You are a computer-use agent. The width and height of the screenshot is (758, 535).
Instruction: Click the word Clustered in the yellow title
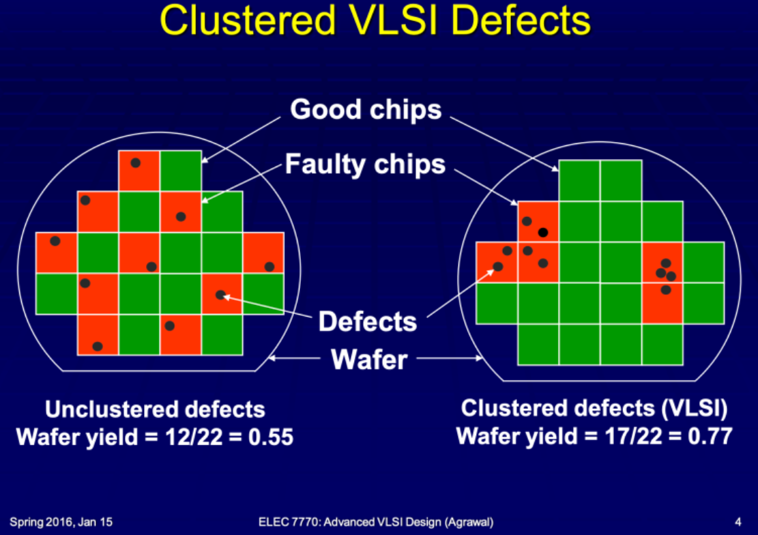[248, 20]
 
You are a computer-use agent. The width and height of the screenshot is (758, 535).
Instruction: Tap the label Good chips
[366, 109]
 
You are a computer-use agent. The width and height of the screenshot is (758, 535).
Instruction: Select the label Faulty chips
[365, 164]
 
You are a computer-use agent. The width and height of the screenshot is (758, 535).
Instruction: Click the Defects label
[367, 321]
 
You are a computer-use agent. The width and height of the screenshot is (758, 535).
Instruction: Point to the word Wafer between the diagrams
[369, 360]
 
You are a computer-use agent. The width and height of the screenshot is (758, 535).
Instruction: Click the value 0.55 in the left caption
[271, 437]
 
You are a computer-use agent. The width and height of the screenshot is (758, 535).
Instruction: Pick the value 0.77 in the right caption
[710, 436]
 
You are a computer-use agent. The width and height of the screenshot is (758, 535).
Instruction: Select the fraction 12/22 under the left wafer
[193, 437]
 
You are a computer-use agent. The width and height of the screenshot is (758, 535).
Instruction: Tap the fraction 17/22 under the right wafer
[633, 436]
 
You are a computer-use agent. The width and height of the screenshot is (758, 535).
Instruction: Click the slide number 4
[738, 522]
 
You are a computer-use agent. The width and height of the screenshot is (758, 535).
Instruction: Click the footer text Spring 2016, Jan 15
[61, 523]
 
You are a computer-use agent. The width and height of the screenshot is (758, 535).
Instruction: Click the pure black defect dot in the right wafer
[543, 233]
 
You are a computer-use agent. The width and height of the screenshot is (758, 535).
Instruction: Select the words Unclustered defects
[155, 409]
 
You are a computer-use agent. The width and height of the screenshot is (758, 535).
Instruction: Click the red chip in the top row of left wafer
[139, 171]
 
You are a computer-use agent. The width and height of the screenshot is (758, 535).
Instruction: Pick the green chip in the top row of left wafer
[181, 171]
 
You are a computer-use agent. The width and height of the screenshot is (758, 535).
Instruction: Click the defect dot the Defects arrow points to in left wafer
[220, 295]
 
